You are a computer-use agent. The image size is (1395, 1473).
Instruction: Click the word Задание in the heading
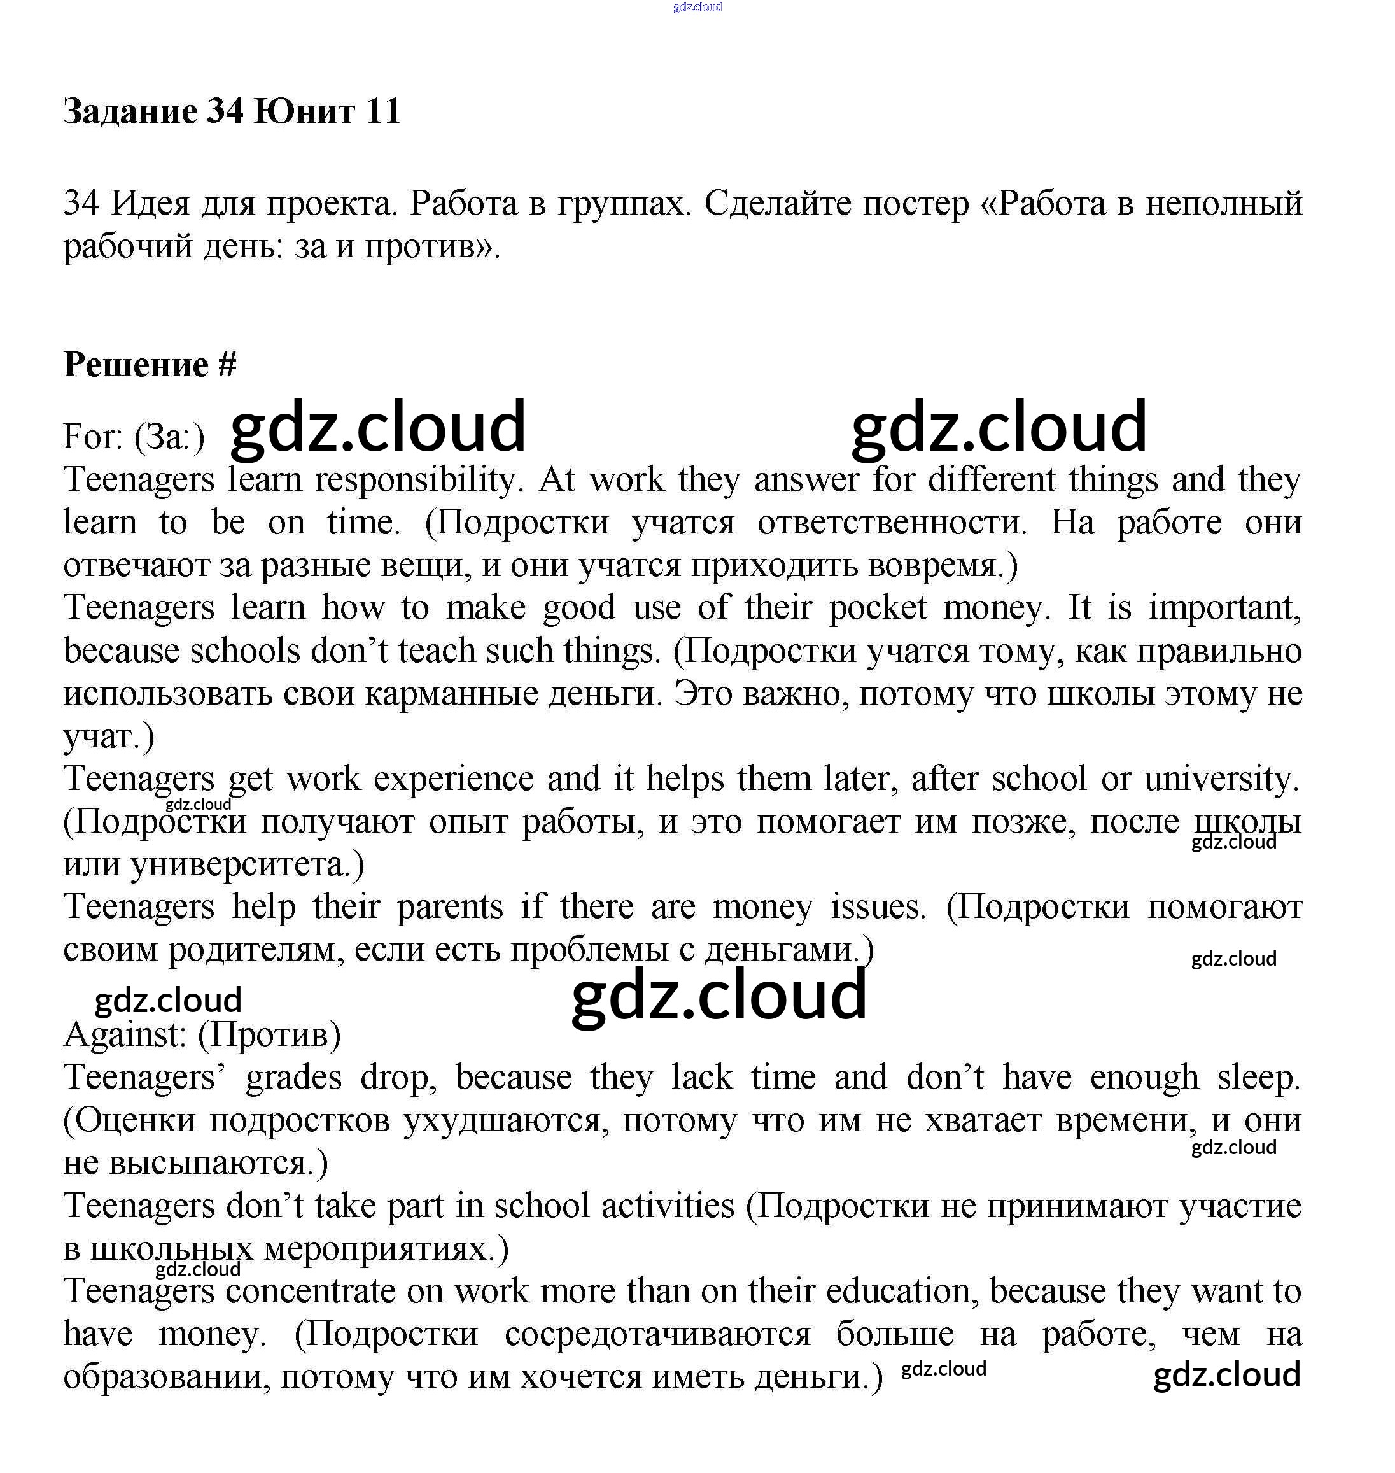(x=130, y=111)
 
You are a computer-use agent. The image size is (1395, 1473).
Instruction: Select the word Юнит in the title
(x=304, y=111)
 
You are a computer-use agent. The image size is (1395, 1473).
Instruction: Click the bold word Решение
(x=136, y=365)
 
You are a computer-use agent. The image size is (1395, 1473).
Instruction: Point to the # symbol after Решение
(x=228, y=365)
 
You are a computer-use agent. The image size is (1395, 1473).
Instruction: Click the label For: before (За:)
(x=93, y=437)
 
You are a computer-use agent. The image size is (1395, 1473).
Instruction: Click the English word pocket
(x=878, y=608)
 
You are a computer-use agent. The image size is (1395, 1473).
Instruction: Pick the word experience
(x=454, y=779)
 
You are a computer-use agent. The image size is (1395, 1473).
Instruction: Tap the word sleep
(x=1258, y=1078)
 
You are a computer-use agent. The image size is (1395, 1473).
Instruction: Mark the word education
(x=899, y=1292)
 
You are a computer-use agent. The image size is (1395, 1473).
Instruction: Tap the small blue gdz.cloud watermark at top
(x=697, y=8)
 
